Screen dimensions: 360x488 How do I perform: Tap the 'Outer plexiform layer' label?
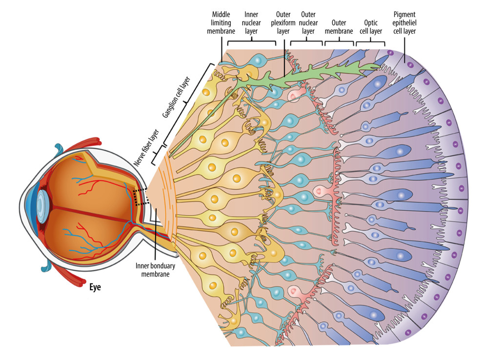283,22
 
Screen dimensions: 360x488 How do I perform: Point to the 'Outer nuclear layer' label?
308,22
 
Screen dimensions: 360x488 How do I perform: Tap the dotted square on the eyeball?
142,197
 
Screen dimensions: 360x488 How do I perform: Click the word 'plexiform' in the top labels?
283,22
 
